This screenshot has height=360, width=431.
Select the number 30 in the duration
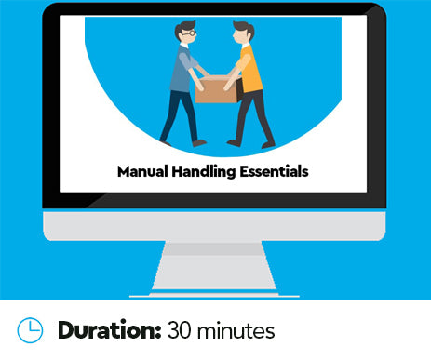coord(183,330)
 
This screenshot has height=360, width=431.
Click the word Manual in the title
coord(146,171)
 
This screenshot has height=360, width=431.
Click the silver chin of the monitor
coord(215,226)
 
